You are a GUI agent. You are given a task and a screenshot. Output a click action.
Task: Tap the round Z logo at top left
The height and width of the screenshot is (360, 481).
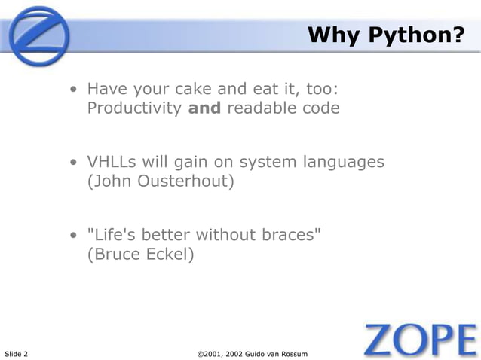click(x=38, y=35)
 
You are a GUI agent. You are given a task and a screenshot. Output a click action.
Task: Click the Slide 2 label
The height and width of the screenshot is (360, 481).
click(x=17, y=353)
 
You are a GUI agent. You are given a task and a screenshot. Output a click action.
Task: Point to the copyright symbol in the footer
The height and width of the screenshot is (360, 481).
click(x=200, y=353)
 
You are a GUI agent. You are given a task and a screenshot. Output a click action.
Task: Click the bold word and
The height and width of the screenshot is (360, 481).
click(x=204, y=108)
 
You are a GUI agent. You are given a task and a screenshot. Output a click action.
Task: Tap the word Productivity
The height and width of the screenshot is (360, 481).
click(x=134, y=108)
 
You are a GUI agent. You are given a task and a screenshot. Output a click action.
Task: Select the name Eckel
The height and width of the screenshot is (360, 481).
click(x=170, y=254)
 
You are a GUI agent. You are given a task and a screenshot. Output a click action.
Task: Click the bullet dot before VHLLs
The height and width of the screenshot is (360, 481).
click(x=74, y=163)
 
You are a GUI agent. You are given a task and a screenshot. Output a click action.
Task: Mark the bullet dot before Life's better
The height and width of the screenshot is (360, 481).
click(x=74, y=236)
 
